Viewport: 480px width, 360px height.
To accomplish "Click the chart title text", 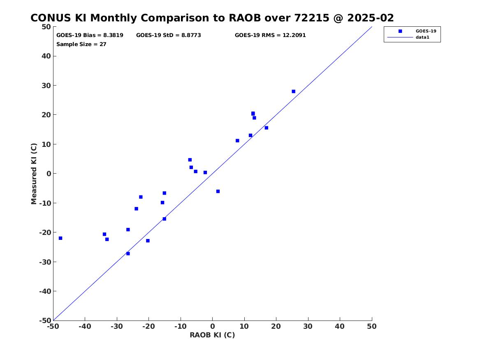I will tap(212, 18).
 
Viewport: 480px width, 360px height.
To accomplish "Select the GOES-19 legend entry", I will tap(425, 31).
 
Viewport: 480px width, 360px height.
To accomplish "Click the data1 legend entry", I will tap(422, 37).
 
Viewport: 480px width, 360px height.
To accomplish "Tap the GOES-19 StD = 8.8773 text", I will tap(168, 35).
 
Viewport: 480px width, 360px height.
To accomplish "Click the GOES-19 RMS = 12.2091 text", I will tap(270, 35).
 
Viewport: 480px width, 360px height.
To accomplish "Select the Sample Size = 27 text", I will tap(81, 44).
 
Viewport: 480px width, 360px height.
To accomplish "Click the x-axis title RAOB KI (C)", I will tap(212, 335).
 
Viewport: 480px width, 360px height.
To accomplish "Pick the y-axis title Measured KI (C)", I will tap(34, 174).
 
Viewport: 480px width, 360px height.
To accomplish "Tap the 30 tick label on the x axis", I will tap(308, 326).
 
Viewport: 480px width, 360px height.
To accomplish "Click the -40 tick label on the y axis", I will tap(45, 291).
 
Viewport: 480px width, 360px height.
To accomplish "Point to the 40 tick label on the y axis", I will tap(46, 56).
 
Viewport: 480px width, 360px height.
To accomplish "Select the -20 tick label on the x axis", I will tap(148, 326).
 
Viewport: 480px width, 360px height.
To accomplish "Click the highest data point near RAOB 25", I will tap(293, 91).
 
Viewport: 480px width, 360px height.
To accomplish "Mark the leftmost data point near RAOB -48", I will tap(60, 238).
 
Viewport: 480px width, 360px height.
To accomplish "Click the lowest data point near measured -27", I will tap(128, 253).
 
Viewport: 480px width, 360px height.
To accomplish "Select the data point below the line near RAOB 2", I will tap(218, 191).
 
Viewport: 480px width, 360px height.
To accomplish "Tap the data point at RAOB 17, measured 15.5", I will tap(266, 128).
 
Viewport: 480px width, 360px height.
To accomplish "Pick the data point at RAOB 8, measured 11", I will tap(237, 141).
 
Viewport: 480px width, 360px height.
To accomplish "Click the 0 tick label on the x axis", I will tap(213, 326).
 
